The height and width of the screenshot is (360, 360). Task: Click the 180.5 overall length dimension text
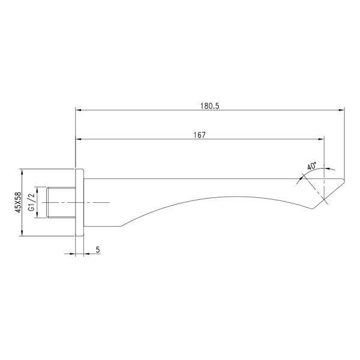pos(209,106)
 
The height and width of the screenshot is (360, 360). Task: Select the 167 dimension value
pos(200,135)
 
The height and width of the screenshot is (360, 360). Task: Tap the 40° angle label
pos(311,166)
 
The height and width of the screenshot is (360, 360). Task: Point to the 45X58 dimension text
pos(17,202)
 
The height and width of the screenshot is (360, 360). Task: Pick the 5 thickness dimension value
pos(97,250)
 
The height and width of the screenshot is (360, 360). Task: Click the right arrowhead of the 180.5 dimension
pos(342,110)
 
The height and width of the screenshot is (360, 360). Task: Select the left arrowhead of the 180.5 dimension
pos(78,110)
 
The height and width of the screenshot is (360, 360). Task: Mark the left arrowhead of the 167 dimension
pos(78,140)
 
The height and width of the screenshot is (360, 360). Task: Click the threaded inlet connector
pos(60,203)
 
